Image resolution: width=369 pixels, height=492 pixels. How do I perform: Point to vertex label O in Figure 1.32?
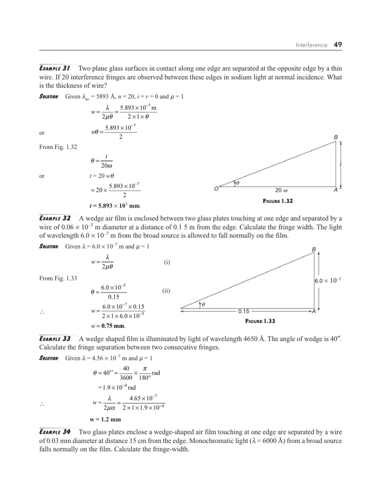coord(216,190)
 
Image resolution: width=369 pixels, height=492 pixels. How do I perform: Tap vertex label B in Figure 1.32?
coord(336,138)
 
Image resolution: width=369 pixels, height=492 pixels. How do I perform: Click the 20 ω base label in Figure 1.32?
coord(282,190)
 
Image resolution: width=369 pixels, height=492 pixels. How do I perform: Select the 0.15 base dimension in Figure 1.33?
coord(244,311)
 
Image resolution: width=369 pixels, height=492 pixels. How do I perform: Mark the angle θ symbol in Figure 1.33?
coord(203,304)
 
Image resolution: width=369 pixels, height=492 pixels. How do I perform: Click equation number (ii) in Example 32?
coord(167,291)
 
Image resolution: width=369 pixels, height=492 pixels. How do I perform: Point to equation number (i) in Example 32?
coord(167,263)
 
